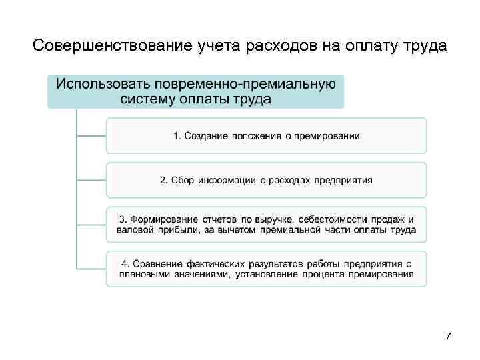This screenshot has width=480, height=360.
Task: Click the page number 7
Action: (449, 335)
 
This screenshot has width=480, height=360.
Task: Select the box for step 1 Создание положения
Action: (266, 135)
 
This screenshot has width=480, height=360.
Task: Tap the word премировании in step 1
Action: (328, 136)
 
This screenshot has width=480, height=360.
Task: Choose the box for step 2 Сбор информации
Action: (266, 180)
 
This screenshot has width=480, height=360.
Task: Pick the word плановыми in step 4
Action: (142, 275)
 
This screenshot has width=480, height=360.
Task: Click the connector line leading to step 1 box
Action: (91, 135)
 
